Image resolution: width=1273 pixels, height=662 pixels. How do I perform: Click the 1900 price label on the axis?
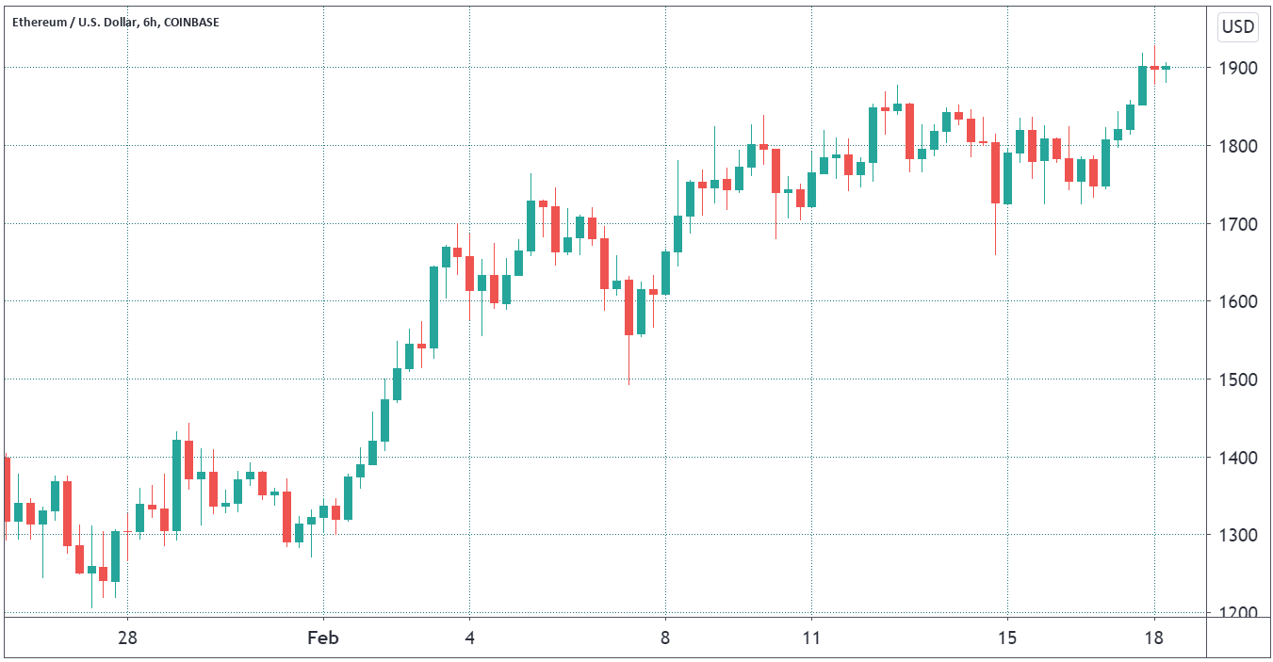pyautogui.click(x=1237, y=69)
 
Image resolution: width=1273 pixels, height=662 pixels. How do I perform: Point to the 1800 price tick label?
pyautogui.click(x=1237, y=146)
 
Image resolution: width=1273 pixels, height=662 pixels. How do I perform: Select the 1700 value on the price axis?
pyautogui.click(x=1237, y=224)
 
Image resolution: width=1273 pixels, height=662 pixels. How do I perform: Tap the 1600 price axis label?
pyautogui.click(x=1237, y=302)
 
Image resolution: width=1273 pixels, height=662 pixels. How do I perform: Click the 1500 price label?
pyautogui.click(x=1237, y=379)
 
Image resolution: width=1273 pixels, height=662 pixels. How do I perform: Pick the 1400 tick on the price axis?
pyautogui.click(x=1237, y=458)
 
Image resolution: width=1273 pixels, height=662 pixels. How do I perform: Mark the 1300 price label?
pyautogui.click(x=1237, y=535)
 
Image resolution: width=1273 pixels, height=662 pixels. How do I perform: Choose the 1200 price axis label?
pyautogui.click(x=1237, y=613)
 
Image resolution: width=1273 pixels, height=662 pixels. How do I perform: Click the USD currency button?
pyautogui.click(x=1238, y=27)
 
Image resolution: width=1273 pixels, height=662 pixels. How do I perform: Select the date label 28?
pyautogui.click(x=127, y=638)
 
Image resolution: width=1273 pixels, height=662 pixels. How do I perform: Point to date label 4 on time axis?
pyautogui.click(x=469, y=638)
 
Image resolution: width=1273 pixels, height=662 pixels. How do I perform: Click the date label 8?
pyautogui.click(x=665, y=638)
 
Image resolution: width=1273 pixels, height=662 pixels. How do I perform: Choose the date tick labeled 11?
pyautogui.click(x=810, y=638)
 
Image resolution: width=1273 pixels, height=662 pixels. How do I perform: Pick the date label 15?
pyautogui.click(x=1006, y=638)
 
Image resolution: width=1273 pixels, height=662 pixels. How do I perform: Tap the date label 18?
pyautogui.click(x=1153, y=638)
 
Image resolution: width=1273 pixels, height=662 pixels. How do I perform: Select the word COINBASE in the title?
pyautogui.click(x=191, y=22)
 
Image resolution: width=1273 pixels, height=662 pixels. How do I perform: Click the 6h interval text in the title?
pyautogui.click(x=149, y=22)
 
